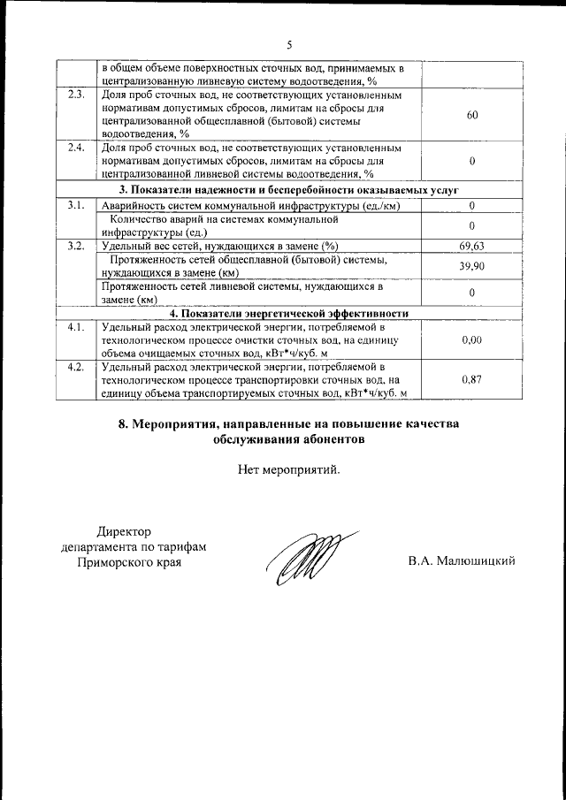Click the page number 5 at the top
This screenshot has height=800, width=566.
click(288, 45)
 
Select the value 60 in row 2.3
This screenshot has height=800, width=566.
click(472, 115)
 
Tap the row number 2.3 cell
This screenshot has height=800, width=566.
click(77, 95)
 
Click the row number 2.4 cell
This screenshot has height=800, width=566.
click(77, 148)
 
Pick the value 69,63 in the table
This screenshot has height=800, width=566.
click(472, 246)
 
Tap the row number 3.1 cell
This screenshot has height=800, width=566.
click(77, 206)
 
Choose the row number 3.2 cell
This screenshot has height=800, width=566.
click(77, 246)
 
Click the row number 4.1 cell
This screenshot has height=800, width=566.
click(77, 327)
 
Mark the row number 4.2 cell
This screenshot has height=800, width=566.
click(77, 366)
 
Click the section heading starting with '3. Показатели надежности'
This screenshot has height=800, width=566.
click(288, 190)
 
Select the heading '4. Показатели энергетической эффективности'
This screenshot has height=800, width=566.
click(288, 313)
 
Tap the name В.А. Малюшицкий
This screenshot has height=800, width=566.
click(461, 561)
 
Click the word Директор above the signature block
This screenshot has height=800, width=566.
click(124, 531)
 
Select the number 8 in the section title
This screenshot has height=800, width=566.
click(123, 423)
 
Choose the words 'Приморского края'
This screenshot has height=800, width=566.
click(129, 561)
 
